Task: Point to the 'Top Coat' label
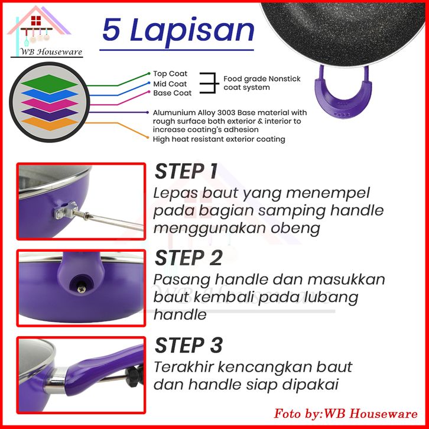coord(170,74)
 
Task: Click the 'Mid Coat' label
coord(170,84)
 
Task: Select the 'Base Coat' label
coord(172,93)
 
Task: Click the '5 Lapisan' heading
coord(178,30)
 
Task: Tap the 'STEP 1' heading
coord(186,171)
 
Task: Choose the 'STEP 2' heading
coord(188,258)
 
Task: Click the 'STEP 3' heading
coord(188,345)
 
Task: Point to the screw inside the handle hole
coord(82,288)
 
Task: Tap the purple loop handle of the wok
coord(343,93)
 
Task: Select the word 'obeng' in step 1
coord(295,228)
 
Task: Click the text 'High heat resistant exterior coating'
coord(219,139)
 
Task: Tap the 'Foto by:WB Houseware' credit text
coord(346,413)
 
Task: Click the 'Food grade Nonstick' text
coord(262,79)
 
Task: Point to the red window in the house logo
coord(36,21)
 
